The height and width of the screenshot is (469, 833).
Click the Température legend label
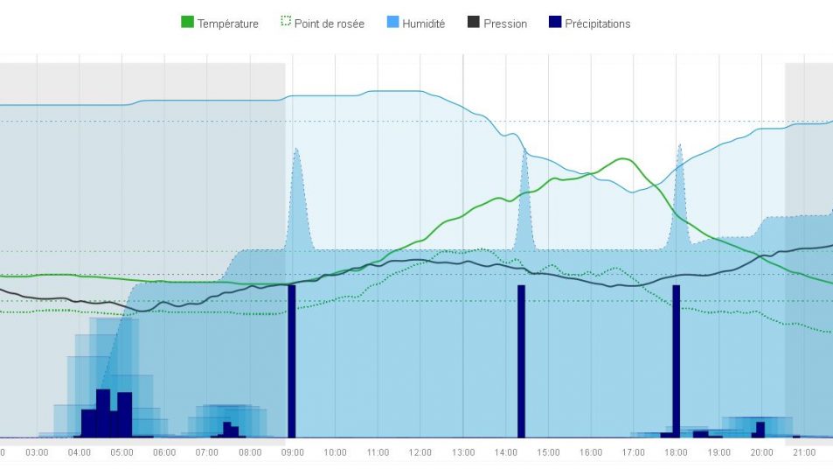[227, 24]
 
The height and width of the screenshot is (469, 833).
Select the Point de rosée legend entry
[329, 24]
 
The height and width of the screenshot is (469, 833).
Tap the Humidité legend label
[423, 24]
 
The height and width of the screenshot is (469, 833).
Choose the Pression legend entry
[505, 24]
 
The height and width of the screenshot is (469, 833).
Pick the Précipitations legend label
[597, 24]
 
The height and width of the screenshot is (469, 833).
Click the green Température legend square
[187, 23]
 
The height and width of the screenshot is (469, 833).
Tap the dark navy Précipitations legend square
[555, 23]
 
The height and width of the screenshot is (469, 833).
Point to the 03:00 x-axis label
[37, 452]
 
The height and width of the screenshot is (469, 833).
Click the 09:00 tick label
[292, 452]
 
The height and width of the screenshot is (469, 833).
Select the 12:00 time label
[420, 452]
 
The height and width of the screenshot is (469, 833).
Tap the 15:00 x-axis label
[547, 452]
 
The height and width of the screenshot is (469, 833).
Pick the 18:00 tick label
[676, 452]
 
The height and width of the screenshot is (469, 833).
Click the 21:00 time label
[803, 452]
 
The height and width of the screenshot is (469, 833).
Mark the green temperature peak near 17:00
[624, 159]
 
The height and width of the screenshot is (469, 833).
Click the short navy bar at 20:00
[760, 429]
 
